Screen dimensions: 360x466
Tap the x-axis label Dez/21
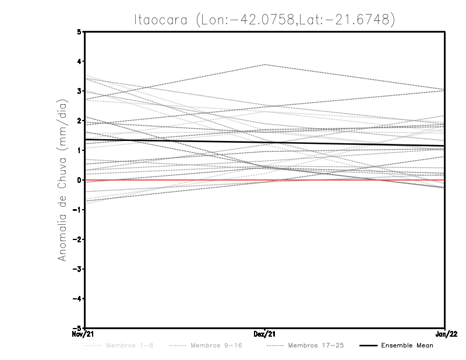tap(265, 334)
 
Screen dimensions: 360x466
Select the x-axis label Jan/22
tap(445, 334)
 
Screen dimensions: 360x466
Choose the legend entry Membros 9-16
tap(216, 345)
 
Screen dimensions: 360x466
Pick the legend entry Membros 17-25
tap(316, 345)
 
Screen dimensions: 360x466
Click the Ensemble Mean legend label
tap(407, 345)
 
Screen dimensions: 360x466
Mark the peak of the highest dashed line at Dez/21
tap(265, 65)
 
